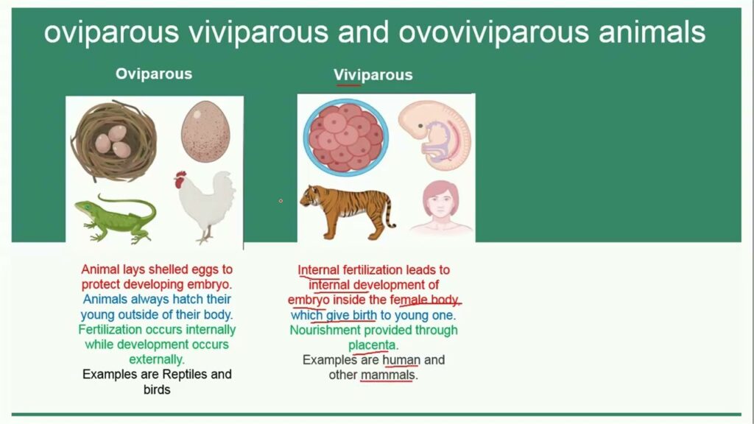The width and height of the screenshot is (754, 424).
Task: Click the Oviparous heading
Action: (153, 74)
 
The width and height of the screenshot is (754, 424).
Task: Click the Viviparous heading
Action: (373, 75)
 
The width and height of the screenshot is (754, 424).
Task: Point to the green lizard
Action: (114, 219)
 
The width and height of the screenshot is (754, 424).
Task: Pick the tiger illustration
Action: (348, 210)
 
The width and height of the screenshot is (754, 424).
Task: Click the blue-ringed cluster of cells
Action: (345, 135)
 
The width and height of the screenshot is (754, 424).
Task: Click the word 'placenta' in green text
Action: (373, 345)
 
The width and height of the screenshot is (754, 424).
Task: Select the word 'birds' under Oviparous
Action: (157, 389)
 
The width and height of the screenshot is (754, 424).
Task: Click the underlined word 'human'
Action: (401, 360)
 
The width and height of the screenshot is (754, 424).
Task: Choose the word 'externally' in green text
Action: (157, 359)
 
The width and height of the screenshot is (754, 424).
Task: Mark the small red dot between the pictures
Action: (281, 200)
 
